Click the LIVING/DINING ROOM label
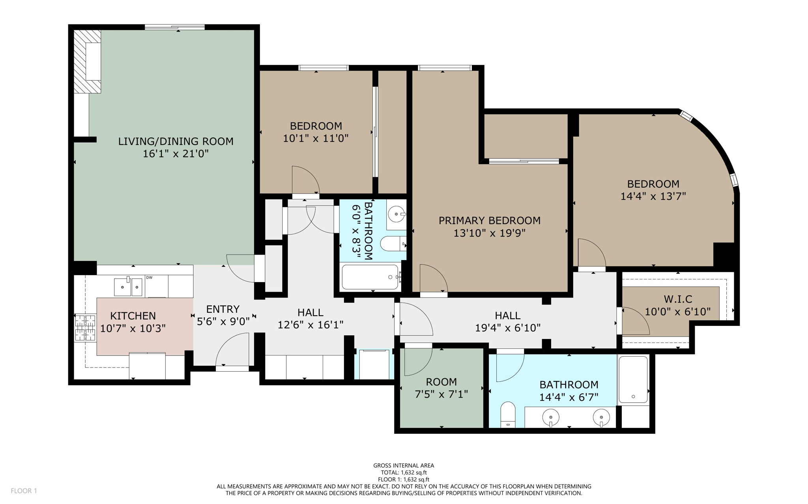click(176, 141)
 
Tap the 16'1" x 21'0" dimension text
click(176, 154)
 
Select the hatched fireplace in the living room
click(88, 62)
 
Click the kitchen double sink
click(128, 286)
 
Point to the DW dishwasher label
click(150, 278)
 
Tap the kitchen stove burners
click(86, 327)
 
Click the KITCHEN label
click(133, 316)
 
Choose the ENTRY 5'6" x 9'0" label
click(223, 315)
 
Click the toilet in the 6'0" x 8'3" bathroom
click(393, 244)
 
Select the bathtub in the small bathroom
click(370, 277)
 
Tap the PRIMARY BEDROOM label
click(489, 220)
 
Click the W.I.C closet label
click(677, 299)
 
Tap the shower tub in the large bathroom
click(633, 379)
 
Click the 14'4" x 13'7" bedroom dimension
click(653, 196)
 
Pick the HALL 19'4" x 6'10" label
click(507, 321)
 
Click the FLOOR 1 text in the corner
click(24, 491)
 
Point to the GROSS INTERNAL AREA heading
click(404, 465)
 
